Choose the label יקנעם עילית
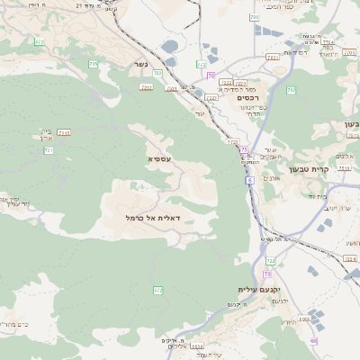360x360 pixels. pos(260,289)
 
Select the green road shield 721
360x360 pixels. pos(49,150)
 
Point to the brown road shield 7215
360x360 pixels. pos(64,132)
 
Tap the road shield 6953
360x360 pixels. pos(304,319)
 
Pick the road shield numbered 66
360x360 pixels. pos(313,341)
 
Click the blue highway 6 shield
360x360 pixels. pos(249,181)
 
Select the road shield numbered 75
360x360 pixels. pos(244,149)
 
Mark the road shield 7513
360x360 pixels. pos(273,57)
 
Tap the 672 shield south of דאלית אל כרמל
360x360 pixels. pos(158,290)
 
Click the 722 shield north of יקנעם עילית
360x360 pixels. pos(270,261)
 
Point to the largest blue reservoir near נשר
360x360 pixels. pos(170,46)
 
